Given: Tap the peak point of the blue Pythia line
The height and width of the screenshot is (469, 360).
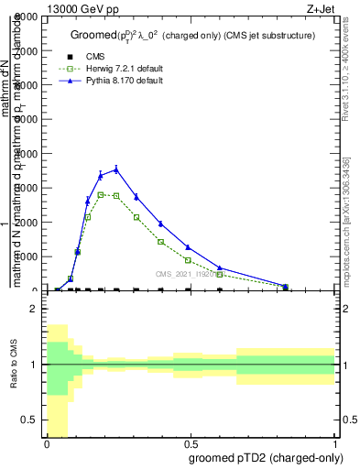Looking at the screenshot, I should pos(115,169).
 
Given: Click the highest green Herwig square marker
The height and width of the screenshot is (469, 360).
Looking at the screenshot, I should pos(101,194).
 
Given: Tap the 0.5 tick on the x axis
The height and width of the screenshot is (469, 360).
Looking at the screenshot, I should pos(191,444).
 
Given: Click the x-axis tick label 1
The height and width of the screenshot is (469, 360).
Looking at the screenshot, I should pos(336,444).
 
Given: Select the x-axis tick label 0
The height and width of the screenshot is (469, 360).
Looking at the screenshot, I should pos(47,444).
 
